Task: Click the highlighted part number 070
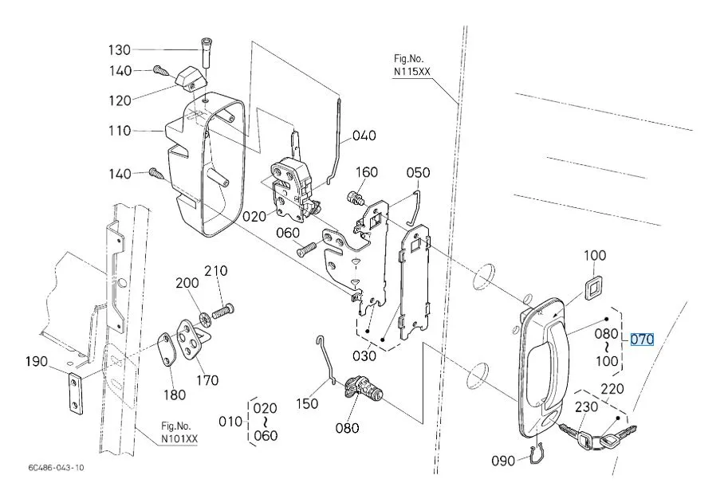(x=642, y=340)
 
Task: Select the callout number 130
(x=120, y=49)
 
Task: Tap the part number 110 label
(x=120, y=131)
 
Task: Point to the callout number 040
(x=364, y=135)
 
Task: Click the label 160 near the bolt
(x=367, y=172)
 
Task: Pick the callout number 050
(x=418, y=173)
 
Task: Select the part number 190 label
(x=37, y=361)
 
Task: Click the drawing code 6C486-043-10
(x=56, y=468)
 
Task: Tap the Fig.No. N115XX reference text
(x=411, y=65)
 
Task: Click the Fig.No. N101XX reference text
(x=179, y=432)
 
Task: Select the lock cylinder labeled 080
(x=364, y=391)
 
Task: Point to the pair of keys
(x=597, y=435)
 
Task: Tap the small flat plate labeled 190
(x=76, y=393)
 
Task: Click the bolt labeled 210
(x=223, y=310)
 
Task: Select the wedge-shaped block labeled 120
(x=191, y=78)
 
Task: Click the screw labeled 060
(x=307, y=249)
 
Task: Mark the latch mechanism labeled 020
(x=291, y=188)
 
